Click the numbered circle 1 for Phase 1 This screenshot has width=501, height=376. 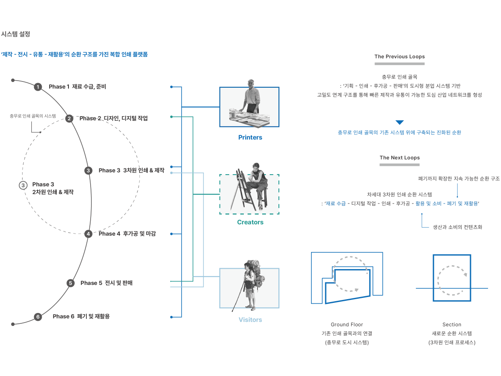click(38, 87)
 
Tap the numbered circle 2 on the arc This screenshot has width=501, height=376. click(69, 119)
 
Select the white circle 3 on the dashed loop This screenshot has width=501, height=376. click(23, 185)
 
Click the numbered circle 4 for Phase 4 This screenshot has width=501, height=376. click(88, 234)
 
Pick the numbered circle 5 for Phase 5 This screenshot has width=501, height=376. click(71, 283)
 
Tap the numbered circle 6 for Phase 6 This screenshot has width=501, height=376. click(38, 317)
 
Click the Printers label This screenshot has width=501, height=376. click(250, 137)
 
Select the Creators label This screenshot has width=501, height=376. click(250, 222)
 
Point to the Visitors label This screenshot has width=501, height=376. click(250, 320)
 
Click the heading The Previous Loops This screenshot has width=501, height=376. click(400, 56)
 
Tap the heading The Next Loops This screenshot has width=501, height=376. click(400, 158)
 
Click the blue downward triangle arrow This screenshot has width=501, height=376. click(400, 122)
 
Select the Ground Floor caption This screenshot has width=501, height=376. click(347, 325)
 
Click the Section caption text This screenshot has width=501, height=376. click(452, 325)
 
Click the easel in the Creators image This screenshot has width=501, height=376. click(239, 190)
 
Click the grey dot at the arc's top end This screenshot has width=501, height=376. click(13, 80)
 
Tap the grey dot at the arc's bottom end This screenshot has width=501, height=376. click(13, 324)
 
